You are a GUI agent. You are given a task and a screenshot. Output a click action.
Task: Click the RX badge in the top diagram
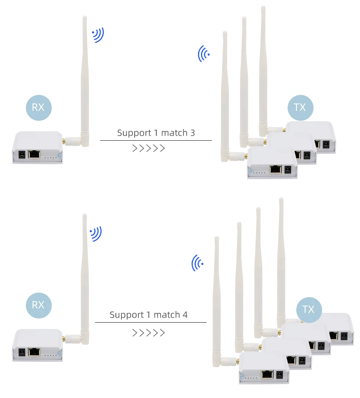[x=39, y=108]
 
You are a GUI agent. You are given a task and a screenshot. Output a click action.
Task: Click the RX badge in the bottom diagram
[x=39, y=305]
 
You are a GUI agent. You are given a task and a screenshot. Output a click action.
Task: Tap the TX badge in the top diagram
[x=300, y=108]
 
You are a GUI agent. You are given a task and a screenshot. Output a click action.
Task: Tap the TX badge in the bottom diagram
[x=309, y=310]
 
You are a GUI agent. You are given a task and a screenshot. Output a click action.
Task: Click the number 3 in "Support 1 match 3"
[x=192, y=133]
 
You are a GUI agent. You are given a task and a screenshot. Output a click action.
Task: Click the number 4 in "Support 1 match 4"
[x=185, y=315]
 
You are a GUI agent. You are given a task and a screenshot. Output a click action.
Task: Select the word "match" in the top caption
[x=174, y=133]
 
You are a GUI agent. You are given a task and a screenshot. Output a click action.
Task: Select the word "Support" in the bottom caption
[x=127, y=315]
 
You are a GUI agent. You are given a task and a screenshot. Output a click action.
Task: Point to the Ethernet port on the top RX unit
[x=34, y=154]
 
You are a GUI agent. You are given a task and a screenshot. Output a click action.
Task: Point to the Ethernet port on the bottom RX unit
[x=34, y=352]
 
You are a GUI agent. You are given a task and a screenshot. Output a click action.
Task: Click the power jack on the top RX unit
[x=22, y=155]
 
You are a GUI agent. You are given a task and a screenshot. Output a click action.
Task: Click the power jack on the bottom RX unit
[x=22, y=352]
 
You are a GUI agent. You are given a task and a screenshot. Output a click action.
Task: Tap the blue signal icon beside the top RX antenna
[x=98, y=35]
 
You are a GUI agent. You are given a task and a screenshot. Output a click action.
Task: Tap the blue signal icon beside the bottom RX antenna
[x=96, y=234]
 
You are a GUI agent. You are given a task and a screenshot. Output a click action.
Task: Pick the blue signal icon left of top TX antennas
[x=204, y=54]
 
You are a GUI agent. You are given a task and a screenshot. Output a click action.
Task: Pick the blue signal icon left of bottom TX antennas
[x=197, y=263]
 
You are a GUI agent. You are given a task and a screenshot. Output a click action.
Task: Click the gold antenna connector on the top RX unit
[x=64, y=141]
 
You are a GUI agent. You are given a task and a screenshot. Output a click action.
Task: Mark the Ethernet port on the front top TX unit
[x=276, y=169]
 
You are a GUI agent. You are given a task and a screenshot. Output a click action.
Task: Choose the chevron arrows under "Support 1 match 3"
[x=148, y=148]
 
